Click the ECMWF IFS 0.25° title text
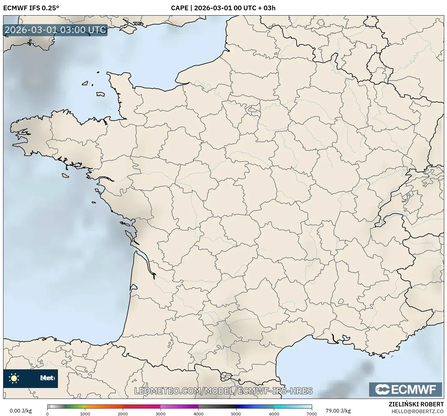point(31,8)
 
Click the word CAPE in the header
point(179,8)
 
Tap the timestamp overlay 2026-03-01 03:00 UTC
point(55,30)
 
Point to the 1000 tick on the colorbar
point(85,414)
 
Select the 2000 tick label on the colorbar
point(123,414)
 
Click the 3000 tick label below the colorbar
point(160,414)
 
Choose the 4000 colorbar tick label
point(198,414)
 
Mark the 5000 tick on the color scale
point(236,414)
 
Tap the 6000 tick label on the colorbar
point(274,414)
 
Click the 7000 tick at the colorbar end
point(311,414)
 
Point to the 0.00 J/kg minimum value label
point(21,411)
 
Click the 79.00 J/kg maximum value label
point(338,411)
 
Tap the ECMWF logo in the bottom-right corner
point(406,390)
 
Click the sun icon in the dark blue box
point(14,378)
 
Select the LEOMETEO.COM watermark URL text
point(223,391)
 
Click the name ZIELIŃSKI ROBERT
point(416,404)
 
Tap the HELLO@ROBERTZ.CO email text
point(417,411)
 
